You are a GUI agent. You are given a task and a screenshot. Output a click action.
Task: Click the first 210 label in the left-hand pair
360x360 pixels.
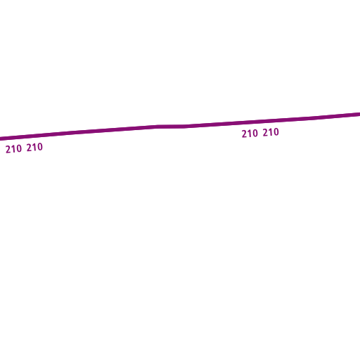pyautogui.click(x=13, y=149)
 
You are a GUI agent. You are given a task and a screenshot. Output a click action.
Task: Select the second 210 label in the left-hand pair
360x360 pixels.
pyautogui.click(x=34, y=148)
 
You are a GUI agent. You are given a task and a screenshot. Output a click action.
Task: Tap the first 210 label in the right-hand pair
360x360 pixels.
pyautogui.click(x=250, y=134)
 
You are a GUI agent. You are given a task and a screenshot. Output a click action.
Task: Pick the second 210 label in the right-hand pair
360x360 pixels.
pyautogui.click(x=271, y=132)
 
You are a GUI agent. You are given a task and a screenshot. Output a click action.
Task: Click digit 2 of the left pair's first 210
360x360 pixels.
pyautogui.click(x=8, y=150)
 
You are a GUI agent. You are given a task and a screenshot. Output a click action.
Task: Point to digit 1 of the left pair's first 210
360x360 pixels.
pyautogui.click(x=13, y=149)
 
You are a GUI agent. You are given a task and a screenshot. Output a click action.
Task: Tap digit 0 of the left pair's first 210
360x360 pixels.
pyautogui.click(x=19, y=148)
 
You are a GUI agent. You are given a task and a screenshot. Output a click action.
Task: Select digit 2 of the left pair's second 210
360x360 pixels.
pyautogui.click(x=30, y=148)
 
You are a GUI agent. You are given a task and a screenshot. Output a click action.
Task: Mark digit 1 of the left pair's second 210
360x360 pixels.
pyautogui.click(x=34, y=148)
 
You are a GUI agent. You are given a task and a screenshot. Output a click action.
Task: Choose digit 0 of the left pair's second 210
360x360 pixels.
pyautogui.click(x=40, y=147)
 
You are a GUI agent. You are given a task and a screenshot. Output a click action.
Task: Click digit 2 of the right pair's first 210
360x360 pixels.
pyautogui.click(x=245, y=134)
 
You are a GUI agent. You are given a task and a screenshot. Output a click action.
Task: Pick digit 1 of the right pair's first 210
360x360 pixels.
pyautogui.click(x=250, y=134)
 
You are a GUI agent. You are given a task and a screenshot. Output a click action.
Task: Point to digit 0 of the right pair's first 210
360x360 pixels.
pyautogui.click(x=255, y=133)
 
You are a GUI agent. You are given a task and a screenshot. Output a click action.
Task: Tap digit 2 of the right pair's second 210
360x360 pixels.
pyautogui.click(x=266, y=133)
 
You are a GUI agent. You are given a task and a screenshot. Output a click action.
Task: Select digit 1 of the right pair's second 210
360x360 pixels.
pyautogui.click(x=271, y=132)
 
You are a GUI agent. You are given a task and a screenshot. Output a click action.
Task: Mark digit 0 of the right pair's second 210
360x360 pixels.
pyautogui.click(x=276, y=131)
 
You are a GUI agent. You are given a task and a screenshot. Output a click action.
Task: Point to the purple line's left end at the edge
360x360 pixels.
pyautogui.click(x=0, y=139)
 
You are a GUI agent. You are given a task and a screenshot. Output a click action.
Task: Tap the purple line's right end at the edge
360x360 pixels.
pyautogui.click(x=359, y=114)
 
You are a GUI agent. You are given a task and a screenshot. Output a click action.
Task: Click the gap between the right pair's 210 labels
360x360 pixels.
pyautogui.click(x=260, y=133)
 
